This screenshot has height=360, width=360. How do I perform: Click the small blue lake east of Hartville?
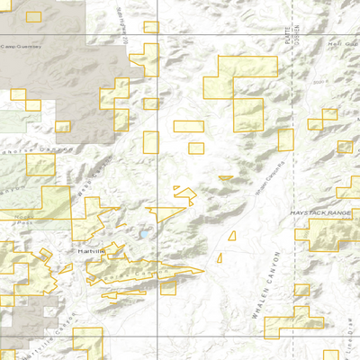pyautogui.click(x=143, y=235)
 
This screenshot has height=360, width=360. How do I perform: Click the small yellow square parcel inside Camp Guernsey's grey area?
pyautogui.click(x=18, y=94)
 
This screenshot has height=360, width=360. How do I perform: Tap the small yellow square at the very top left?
pyautogui.click(x=34, y=17)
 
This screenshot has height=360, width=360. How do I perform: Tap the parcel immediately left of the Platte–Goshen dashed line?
pyautogui.click(x=285, y=139)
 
